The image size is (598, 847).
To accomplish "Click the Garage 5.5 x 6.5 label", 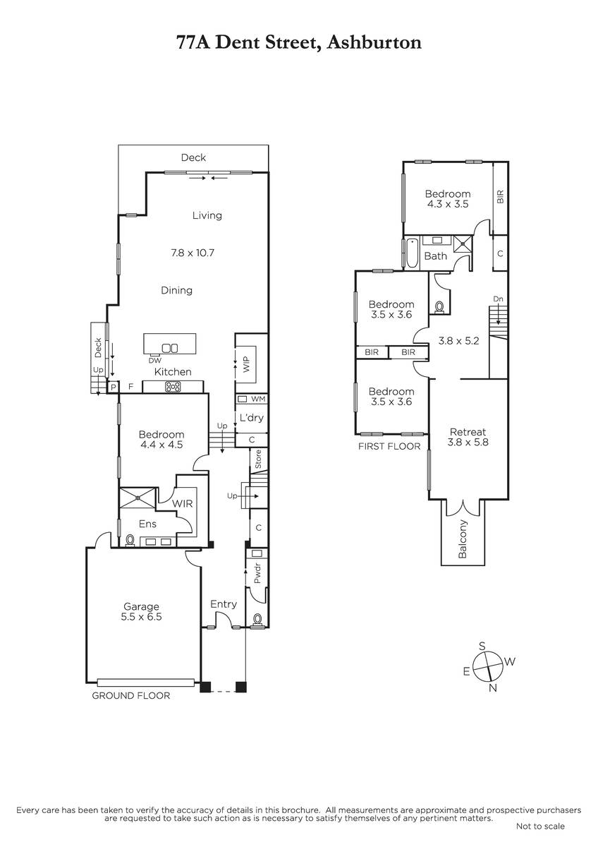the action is click(x=141, y=611).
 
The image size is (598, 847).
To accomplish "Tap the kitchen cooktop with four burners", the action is click(x=173, y=387).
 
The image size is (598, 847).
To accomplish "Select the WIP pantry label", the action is click(x=246, y=364).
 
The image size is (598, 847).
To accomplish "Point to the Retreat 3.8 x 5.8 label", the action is click(x=468, y=437).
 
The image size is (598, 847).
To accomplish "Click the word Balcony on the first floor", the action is click(x=463, y=539).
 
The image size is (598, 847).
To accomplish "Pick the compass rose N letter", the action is click(x=493, y=688).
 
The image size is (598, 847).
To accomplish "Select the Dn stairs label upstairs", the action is click(x=499, y=299).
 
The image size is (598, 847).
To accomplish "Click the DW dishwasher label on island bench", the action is click(x=155, y=361).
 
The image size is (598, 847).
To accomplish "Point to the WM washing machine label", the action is click(x=258, y=399).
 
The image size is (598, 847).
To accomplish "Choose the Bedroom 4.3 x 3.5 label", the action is click(x=448, y=199).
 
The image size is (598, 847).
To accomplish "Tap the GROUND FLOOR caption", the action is click(x=131, y=695).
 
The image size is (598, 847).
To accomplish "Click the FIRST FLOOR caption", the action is click(x=389, y=447).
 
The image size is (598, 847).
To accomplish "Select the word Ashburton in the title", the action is click(x=374, y=42).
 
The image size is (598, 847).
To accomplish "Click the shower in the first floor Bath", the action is click(x=463, y=244).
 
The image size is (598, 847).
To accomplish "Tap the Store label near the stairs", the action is click(x=258, y=459).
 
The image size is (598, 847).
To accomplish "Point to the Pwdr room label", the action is click(x=257, y=573).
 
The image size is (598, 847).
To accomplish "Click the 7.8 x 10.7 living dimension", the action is click(x=193, y=253).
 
